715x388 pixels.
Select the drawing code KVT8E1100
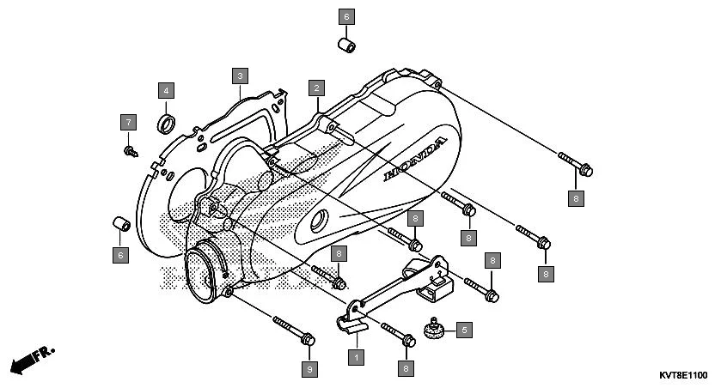coord(682,376)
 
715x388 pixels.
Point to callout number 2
coord(317,88)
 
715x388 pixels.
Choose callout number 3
coord(241,76)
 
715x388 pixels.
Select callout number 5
coord(463,329)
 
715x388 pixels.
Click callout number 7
coord(128,121)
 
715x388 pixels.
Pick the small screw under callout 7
coord(130,151)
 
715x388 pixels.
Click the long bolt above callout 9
coord(292,330)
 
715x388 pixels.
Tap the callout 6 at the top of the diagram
coord(347,16)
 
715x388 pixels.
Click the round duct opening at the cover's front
coord(205,272)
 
